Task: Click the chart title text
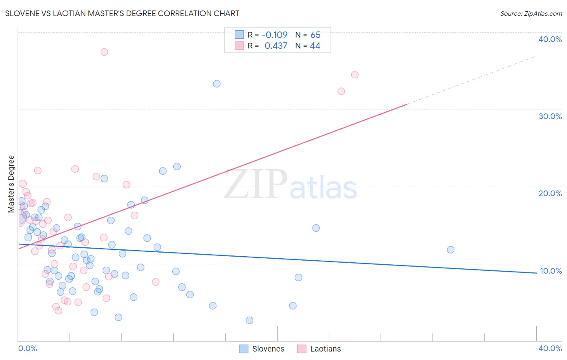click(x=122, y=13)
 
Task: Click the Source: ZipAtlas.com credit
click(x=531, y=13)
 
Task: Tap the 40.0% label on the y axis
click(x=550, y=39)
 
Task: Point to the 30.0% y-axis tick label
click(x=550, y=116)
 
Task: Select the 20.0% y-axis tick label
click(x=550, y=193)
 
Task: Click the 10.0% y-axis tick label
click(x=550, y=271)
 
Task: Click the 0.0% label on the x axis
click(x=28, y=348)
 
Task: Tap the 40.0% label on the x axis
click(x=550, y=348)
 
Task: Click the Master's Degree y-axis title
click(x=11, y=184)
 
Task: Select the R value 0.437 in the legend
click(x=276, y=46)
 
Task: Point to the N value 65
click(x=315, y=35)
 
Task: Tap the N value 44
click(x=315, y=46)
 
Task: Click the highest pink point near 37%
click(x=104, y=52)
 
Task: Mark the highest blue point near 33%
click(x=217, y=84)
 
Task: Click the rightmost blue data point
click(x=450, y=250)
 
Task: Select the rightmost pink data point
click(x=355, y=75)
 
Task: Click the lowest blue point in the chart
click(x=250, y=320)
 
